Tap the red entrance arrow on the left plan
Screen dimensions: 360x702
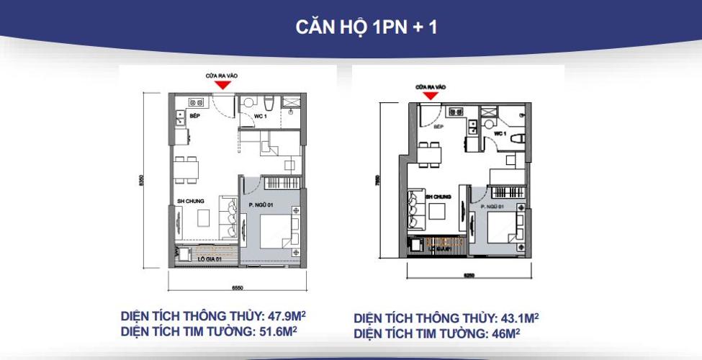(223, 84)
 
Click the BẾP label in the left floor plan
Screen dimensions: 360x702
(195, 114)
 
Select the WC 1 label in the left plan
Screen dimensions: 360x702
(260, 115)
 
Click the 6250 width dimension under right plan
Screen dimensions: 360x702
(469, 274)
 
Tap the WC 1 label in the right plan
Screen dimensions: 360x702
(501, 135)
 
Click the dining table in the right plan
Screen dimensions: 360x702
(431, 153)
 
